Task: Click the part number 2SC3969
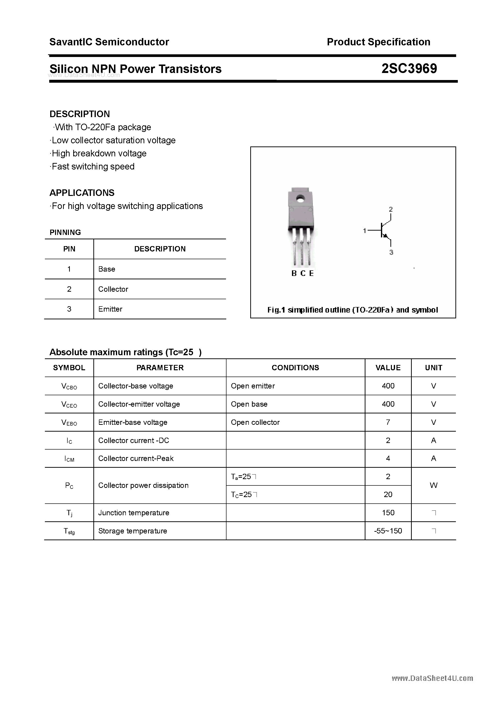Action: [x=409, y=69]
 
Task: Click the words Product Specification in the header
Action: [x=378, y=42]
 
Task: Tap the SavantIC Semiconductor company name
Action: [x=109, y=42]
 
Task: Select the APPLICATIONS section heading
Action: [x=82, y=193]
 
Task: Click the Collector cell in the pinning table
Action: [x=113, y=289]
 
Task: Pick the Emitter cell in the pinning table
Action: [x=110, y=309]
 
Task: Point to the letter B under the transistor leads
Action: [x=294, y=273]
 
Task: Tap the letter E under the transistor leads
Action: [x=311, y=273]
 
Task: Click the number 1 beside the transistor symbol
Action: [x=364, y=230]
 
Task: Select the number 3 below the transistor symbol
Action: [x=391, y=252]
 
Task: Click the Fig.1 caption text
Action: [x=352, y=310]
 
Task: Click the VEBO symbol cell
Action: [x=69, y=422]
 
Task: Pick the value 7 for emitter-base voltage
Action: [x=388, y=422]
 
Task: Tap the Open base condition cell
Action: [x=249, y=404]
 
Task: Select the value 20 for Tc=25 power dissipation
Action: [x=388, y=494]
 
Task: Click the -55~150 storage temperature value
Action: [x=388, y=531]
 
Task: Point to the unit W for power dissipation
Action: [x=433, y=485]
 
